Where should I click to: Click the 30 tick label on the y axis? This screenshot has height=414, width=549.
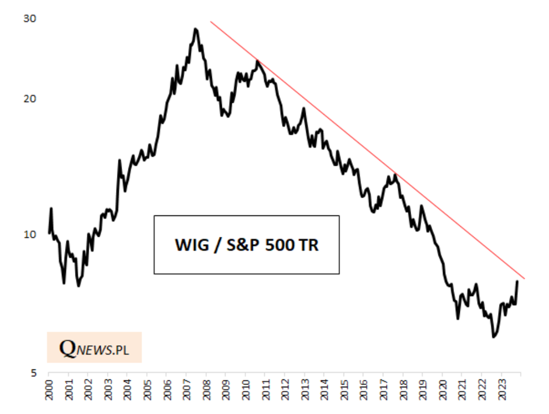pos(30,19)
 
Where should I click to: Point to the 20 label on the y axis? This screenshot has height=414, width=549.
pos(30,99)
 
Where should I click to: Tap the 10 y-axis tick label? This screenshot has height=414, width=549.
pos(30,235)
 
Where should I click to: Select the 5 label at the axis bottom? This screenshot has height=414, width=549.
pos(33,373)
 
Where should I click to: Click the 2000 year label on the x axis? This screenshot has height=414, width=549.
pos(49,389)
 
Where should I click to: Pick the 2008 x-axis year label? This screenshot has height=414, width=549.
pos(207,389)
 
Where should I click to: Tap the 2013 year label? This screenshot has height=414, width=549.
pos(305,389)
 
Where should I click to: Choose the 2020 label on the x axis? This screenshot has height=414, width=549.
pos(442,389)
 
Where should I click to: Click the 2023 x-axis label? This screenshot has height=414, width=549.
pos(502,389)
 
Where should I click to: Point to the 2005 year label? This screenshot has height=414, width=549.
pos(148,389)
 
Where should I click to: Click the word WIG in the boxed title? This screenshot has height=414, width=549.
pos(192,245)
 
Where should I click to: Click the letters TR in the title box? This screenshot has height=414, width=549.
pos(309,245)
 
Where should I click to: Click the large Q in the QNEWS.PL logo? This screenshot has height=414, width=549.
pos(68,349)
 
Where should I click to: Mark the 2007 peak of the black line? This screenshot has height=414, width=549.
pos(195,29)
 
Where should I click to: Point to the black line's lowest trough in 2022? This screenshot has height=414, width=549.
pos(493,336)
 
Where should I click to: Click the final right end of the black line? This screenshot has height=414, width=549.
pos(517,281)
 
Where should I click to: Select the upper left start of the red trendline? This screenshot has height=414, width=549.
pos(210,21)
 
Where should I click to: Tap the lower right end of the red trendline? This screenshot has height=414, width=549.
pos(524,279)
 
